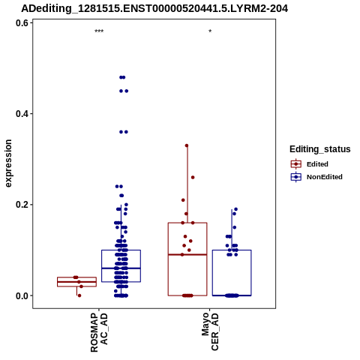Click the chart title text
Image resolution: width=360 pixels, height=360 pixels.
(154, 8)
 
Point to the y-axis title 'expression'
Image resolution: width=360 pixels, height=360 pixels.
(8, 163)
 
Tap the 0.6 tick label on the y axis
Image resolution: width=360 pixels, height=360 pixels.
(21, 23)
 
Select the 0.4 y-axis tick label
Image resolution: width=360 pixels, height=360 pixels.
(21, 114)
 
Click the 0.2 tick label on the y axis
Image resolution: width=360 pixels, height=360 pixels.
(21, 205)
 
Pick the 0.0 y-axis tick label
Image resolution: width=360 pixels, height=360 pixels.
(21, 295)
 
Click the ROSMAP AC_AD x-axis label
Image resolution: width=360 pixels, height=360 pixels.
(99, 332)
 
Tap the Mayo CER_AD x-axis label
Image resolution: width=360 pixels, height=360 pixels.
(210, 331)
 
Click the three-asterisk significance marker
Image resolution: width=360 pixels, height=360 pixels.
(99, 31)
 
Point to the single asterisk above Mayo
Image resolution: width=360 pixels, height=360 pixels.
(210, 31)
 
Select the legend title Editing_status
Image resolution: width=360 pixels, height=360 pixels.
(320, 149)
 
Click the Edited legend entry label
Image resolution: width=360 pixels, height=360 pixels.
(317, 164)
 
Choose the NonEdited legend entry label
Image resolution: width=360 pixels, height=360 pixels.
(325, 177)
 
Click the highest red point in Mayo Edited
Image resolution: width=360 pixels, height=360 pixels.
(187, 145)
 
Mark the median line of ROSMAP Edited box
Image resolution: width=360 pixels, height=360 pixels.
(76, 282)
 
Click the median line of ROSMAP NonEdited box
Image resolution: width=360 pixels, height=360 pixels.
(121, 268)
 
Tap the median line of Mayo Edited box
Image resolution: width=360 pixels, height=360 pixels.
(187, 254)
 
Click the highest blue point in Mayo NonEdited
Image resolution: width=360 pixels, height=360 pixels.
(235, 209)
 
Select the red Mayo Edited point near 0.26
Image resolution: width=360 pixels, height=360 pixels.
(193, 177)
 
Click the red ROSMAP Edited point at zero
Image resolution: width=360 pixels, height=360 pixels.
(79, 295)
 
